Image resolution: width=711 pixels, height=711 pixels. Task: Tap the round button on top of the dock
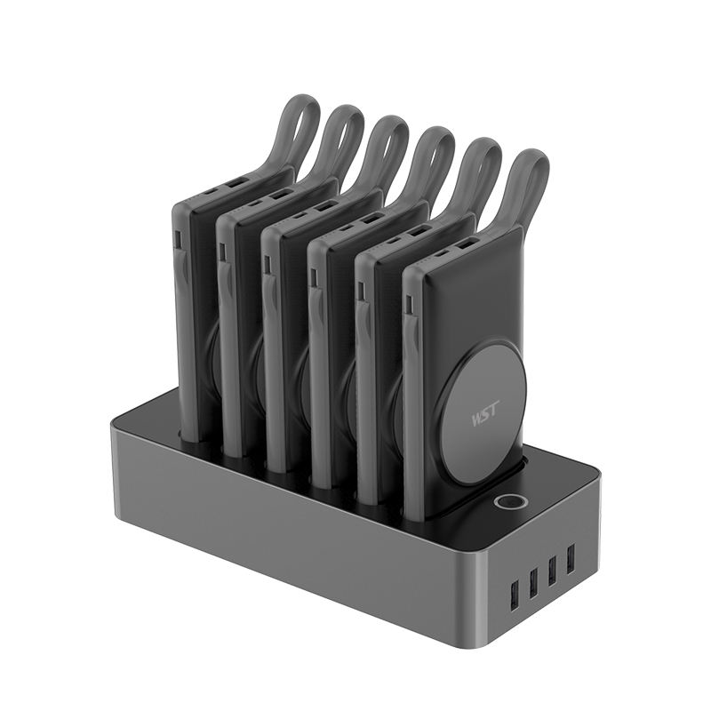point(507,502)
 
